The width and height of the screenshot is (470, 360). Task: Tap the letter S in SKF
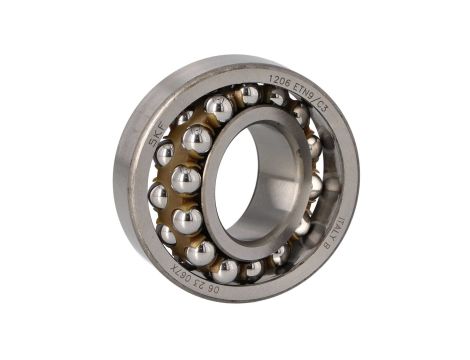[x=154, y=141]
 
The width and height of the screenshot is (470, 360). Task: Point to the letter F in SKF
[x=165, y=120]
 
